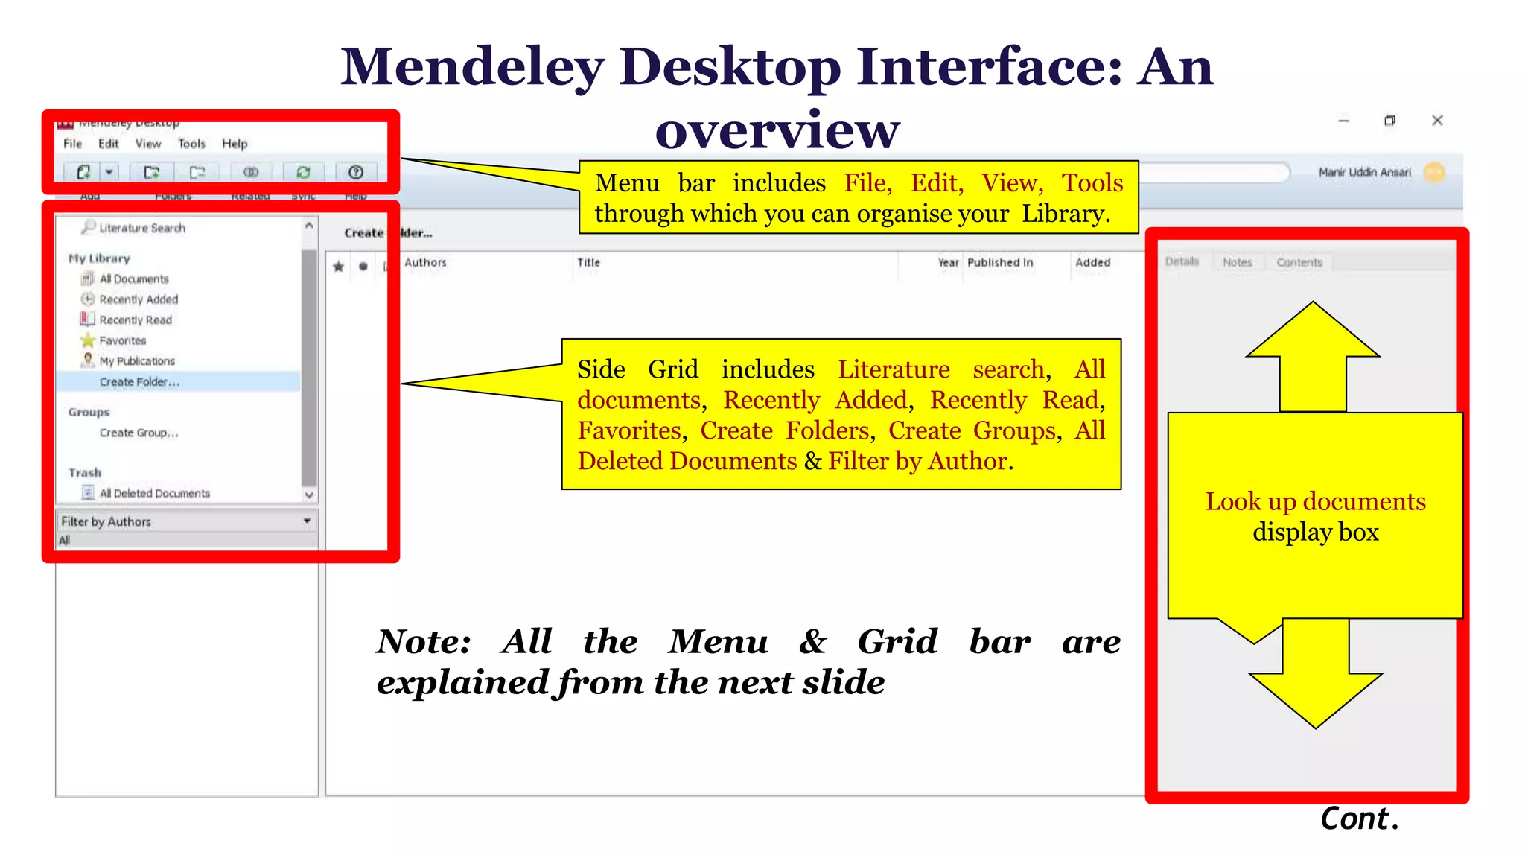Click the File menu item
[72, 144]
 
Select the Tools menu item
[191, 144]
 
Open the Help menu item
[235, 144]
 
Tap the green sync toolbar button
[303, 172]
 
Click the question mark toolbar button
[356, 172]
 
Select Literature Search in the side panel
[141, 228]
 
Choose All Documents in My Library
[134, 279]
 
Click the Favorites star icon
[88, 340]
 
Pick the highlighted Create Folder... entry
[139, 382]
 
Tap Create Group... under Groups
[139, 433]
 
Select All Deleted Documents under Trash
[154, 493]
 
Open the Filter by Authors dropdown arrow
[307, 521]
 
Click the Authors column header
[425, 263]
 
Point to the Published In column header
[1000, 263]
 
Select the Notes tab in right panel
[1237, 262]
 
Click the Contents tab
[1299, 262]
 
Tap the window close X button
[1437, 121]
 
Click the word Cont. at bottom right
[1360, 819]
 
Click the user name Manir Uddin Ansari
[1364, 172]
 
